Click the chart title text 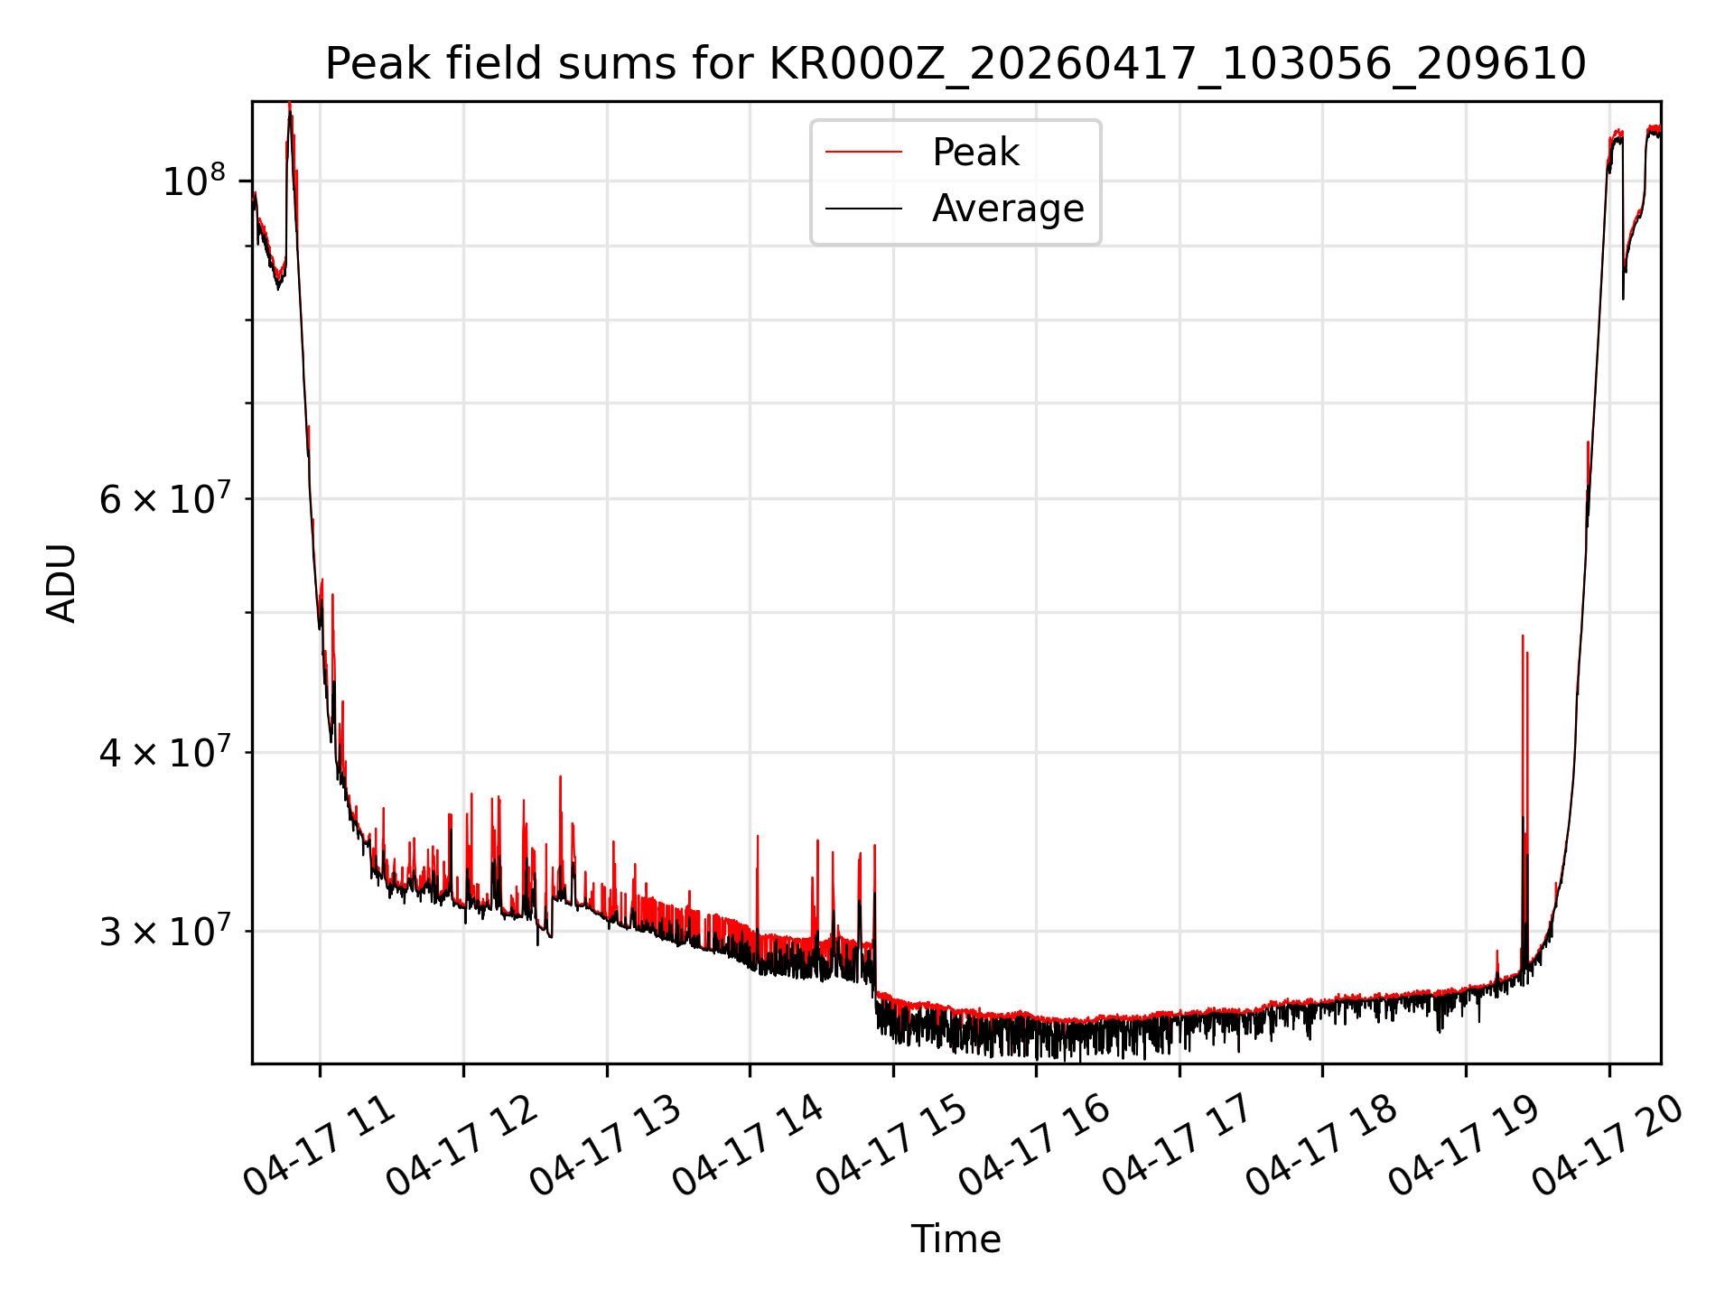click(956, 63)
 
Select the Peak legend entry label click(975, 152)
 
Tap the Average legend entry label click(1008, 209)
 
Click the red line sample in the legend click(863, 152)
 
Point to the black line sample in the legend click(863, 209)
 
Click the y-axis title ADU click(61, 582)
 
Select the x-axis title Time click(956, 1239)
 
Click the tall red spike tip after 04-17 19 click(1522, 636)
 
